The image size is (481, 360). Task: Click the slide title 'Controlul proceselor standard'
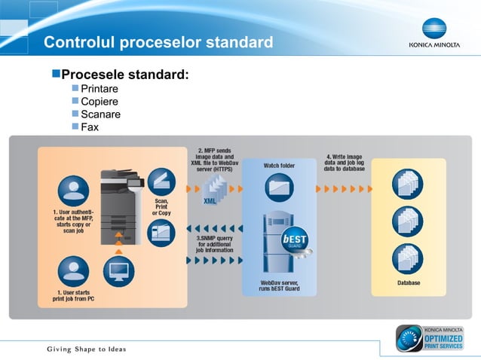158,42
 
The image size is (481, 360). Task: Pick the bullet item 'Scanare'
100,114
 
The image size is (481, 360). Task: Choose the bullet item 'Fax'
90,127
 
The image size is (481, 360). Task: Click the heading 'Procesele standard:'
124,75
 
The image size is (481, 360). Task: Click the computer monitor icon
118,268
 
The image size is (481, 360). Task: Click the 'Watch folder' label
279,165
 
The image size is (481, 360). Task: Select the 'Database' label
409,282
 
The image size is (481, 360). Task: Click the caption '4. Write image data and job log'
345,163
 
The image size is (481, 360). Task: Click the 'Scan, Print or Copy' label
161,207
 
